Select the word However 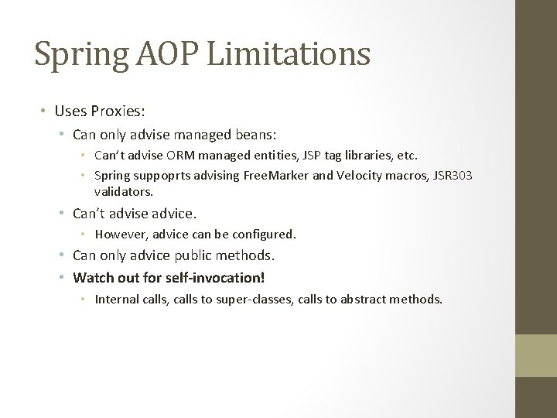tap(121, 234)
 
